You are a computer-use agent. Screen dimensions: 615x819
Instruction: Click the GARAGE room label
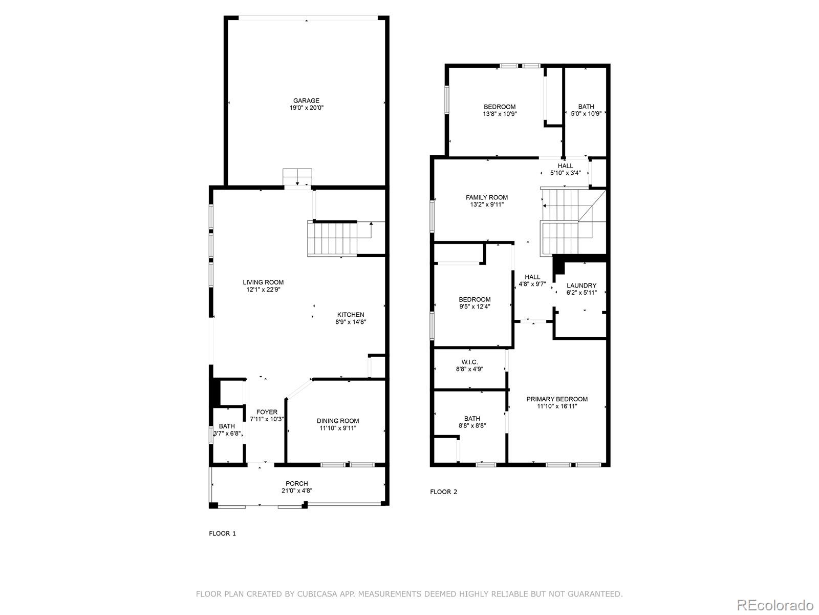pyautogui.click(x=306, y=100)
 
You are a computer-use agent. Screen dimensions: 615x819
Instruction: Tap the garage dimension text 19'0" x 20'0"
pyautogui.click(x=306, y=108)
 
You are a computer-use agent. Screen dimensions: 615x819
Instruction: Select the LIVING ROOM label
pyautogui.click(x=263, y=282)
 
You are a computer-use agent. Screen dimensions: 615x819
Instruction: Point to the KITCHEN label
pyautogui.click(x=351, y=315)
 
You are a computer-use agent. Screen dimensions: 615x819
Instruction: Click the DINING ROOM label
pyautogui.click(x=338, y=421)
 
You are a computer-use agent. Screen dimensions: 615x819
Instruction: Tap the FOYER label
pyautogui.click(x=267, y=412)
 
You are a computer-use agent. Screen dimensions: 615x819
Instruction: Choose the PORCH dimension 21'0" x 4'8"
pyautogui.click(x=297, y=491)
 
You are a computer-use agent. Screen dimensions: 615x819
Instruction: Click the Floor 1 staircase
pyautogui.click(x=332, y=238)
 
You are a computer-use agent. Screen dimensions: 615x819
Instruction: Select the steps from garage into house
pyautogui.click(x=297, y=177)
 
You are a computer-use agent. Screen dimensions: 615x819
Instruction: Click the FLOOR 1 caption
pyautogui.click(x=222, y=534)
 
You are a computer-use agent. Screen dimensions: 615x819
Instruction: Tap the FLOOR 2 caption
pyautogui.click(x=443, y=492)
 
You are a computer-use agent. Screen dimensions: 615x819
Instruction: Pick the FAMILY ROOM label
pyautogui.click(x=487, y=197)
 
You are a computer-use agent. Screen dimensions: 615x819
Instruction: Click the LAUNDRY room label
pyautogui.click(x=581, y=285)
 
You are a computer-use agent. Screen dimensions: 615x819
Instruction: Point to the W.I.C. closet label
pyautogui.click(x=469, y=362)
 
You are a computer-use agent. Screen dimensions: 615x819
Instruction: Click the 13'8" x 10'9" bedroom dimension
pyautogui.click(x=500, y=114)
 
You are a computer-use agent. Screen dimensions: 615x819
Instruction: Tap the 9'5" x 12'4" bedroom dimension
pyautogui.click(x=475, y=307)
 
